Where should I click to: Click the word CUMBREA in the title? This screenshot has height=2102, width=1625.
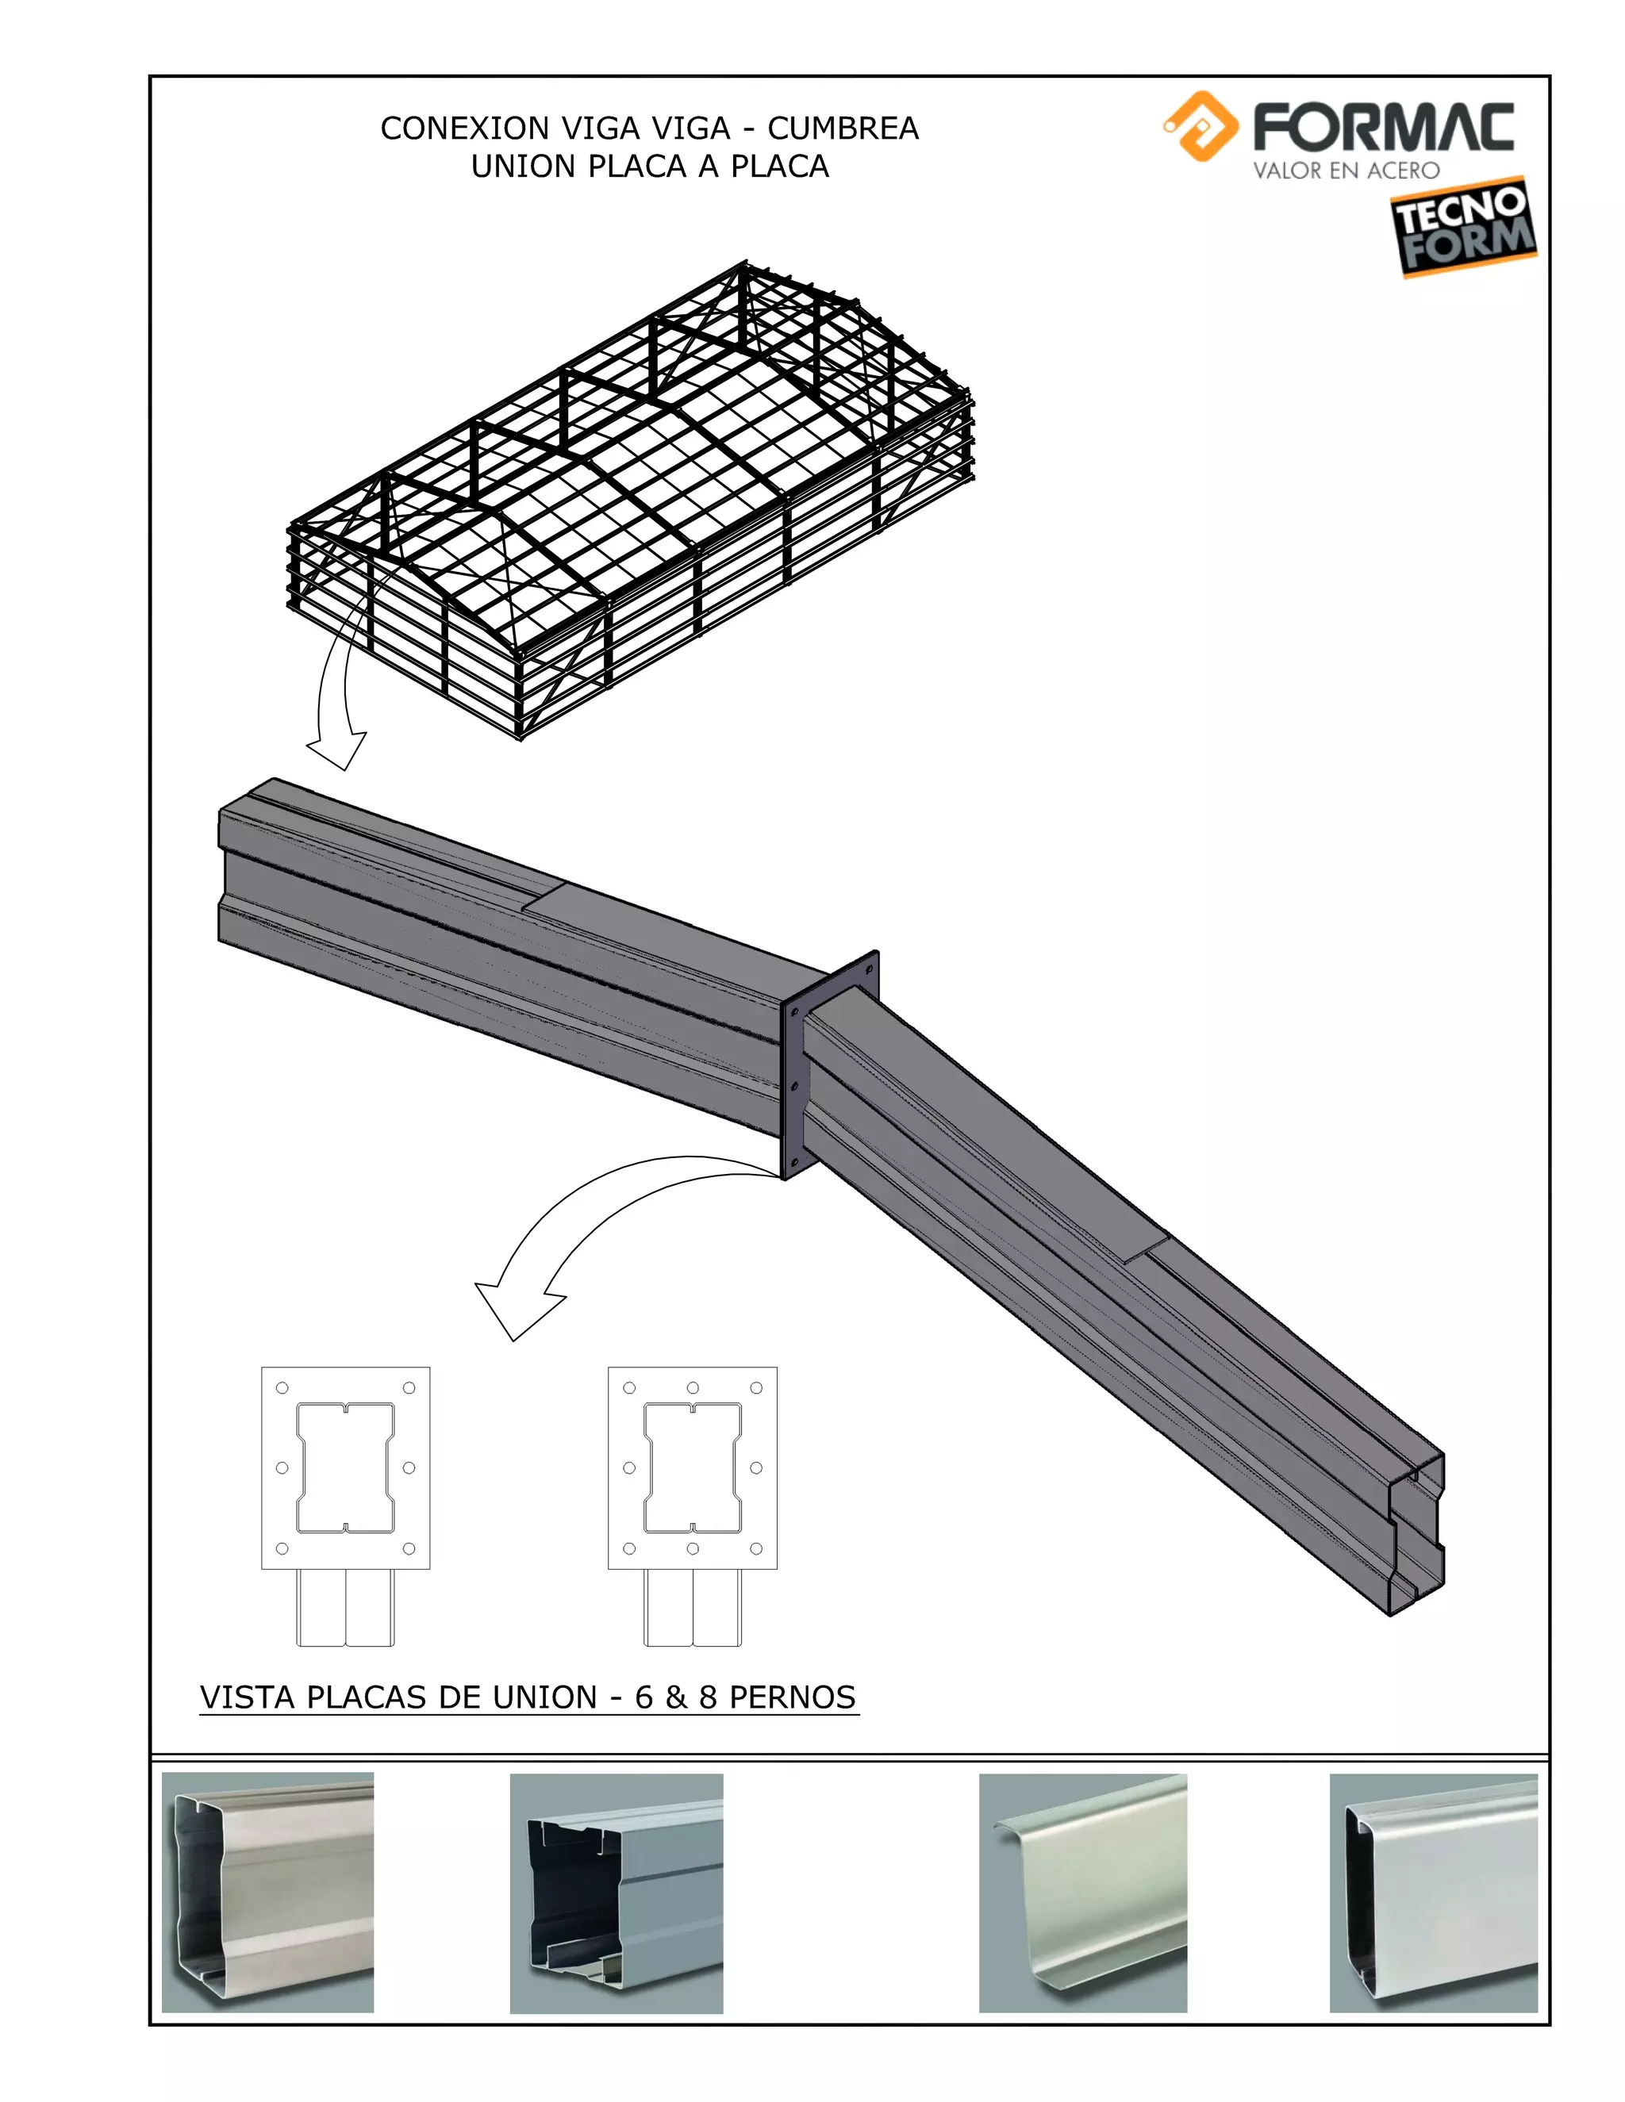(843, 128)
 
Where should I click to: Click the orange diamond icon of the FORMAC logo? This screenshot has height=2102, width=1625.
(1200, 126)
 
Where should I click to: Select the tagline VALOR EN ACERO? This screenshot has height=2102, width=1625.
(1346, 171)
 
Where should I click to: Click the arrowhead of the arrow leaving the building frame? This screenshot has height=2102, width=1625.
(337, 750)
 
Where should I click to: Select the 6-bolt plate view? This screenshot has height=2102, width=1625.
(346, 1467)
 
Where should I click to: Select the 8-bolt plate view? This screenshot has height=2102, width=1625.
(692, 1467)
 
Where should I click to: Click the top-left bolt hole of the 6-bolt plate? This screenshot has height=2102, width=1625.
(282, 1388)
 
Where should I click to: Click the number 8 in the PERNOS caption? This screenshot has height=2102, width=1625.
(708, 1697)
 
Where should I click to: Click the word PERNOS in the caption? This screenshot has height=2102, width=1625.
(793, 1697)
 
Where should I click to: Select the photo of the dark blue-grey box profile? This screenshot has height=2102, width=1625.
(616, 1892)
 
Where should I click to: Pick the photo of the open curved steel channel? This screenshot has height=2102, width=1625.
(1082, 1892)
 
